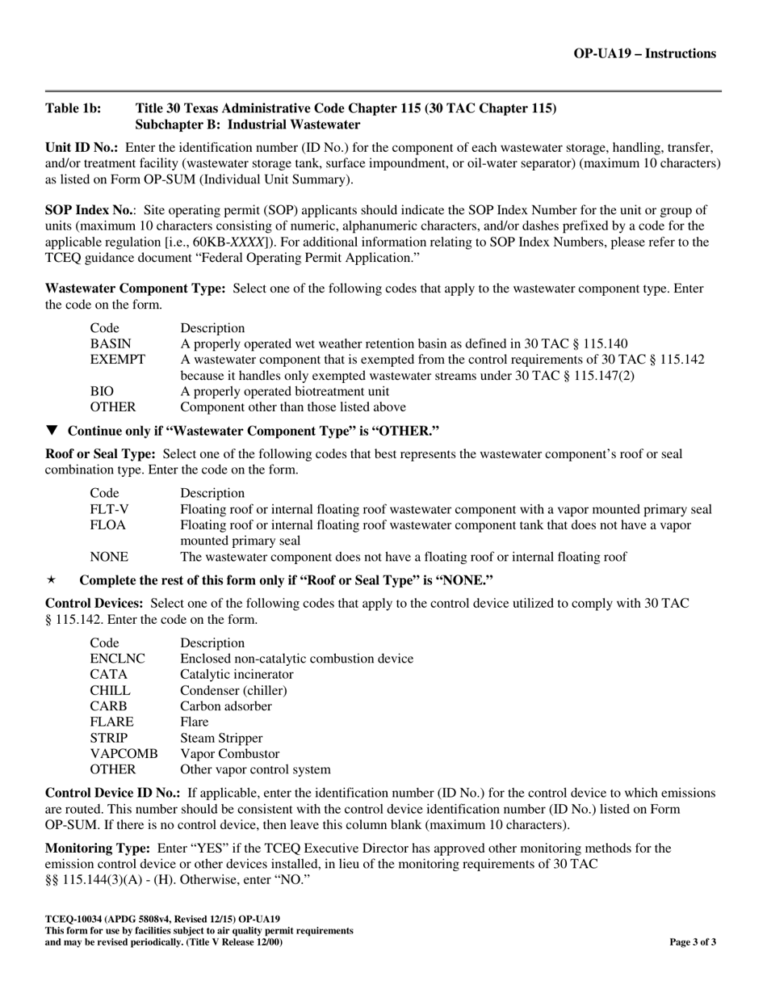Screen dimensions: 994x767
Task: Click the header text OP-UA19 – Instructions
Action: click(644, 54)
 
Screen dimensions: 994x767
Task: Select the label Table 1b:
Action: click(73, 108)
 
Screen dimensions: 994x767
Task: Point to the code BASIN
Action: click(110, 343)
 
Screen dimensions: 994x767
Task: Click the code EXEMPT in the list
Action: click(117, 359)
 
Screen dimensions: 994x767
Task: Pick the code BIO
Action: click(102, 391)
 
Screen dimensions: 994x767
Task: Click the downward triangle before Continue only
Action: click(52, 430)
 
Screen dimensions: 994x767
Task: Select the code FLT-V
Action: click(109, 509)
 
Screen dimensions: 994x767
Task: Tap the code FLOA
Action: click(107, 525)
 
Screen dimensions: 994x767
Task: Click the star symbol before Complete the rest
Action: click(52, 580)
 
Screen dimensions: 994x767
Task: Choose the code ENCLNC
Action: click(117, 659)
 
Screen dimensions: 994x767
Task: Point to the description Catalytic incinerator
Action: click(237, 674)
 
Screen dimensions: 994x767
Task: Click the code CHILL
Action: click(110, 690)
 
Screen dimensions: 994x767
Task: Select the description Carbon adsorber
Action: click(226, 706)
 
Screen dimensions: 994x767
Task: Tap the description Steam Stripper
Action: click(221, 738)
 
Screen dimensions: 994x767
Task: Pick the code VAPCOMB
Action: click(124, 753)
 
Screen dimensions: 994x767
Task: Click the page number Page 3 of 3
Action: click(693, 941)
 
